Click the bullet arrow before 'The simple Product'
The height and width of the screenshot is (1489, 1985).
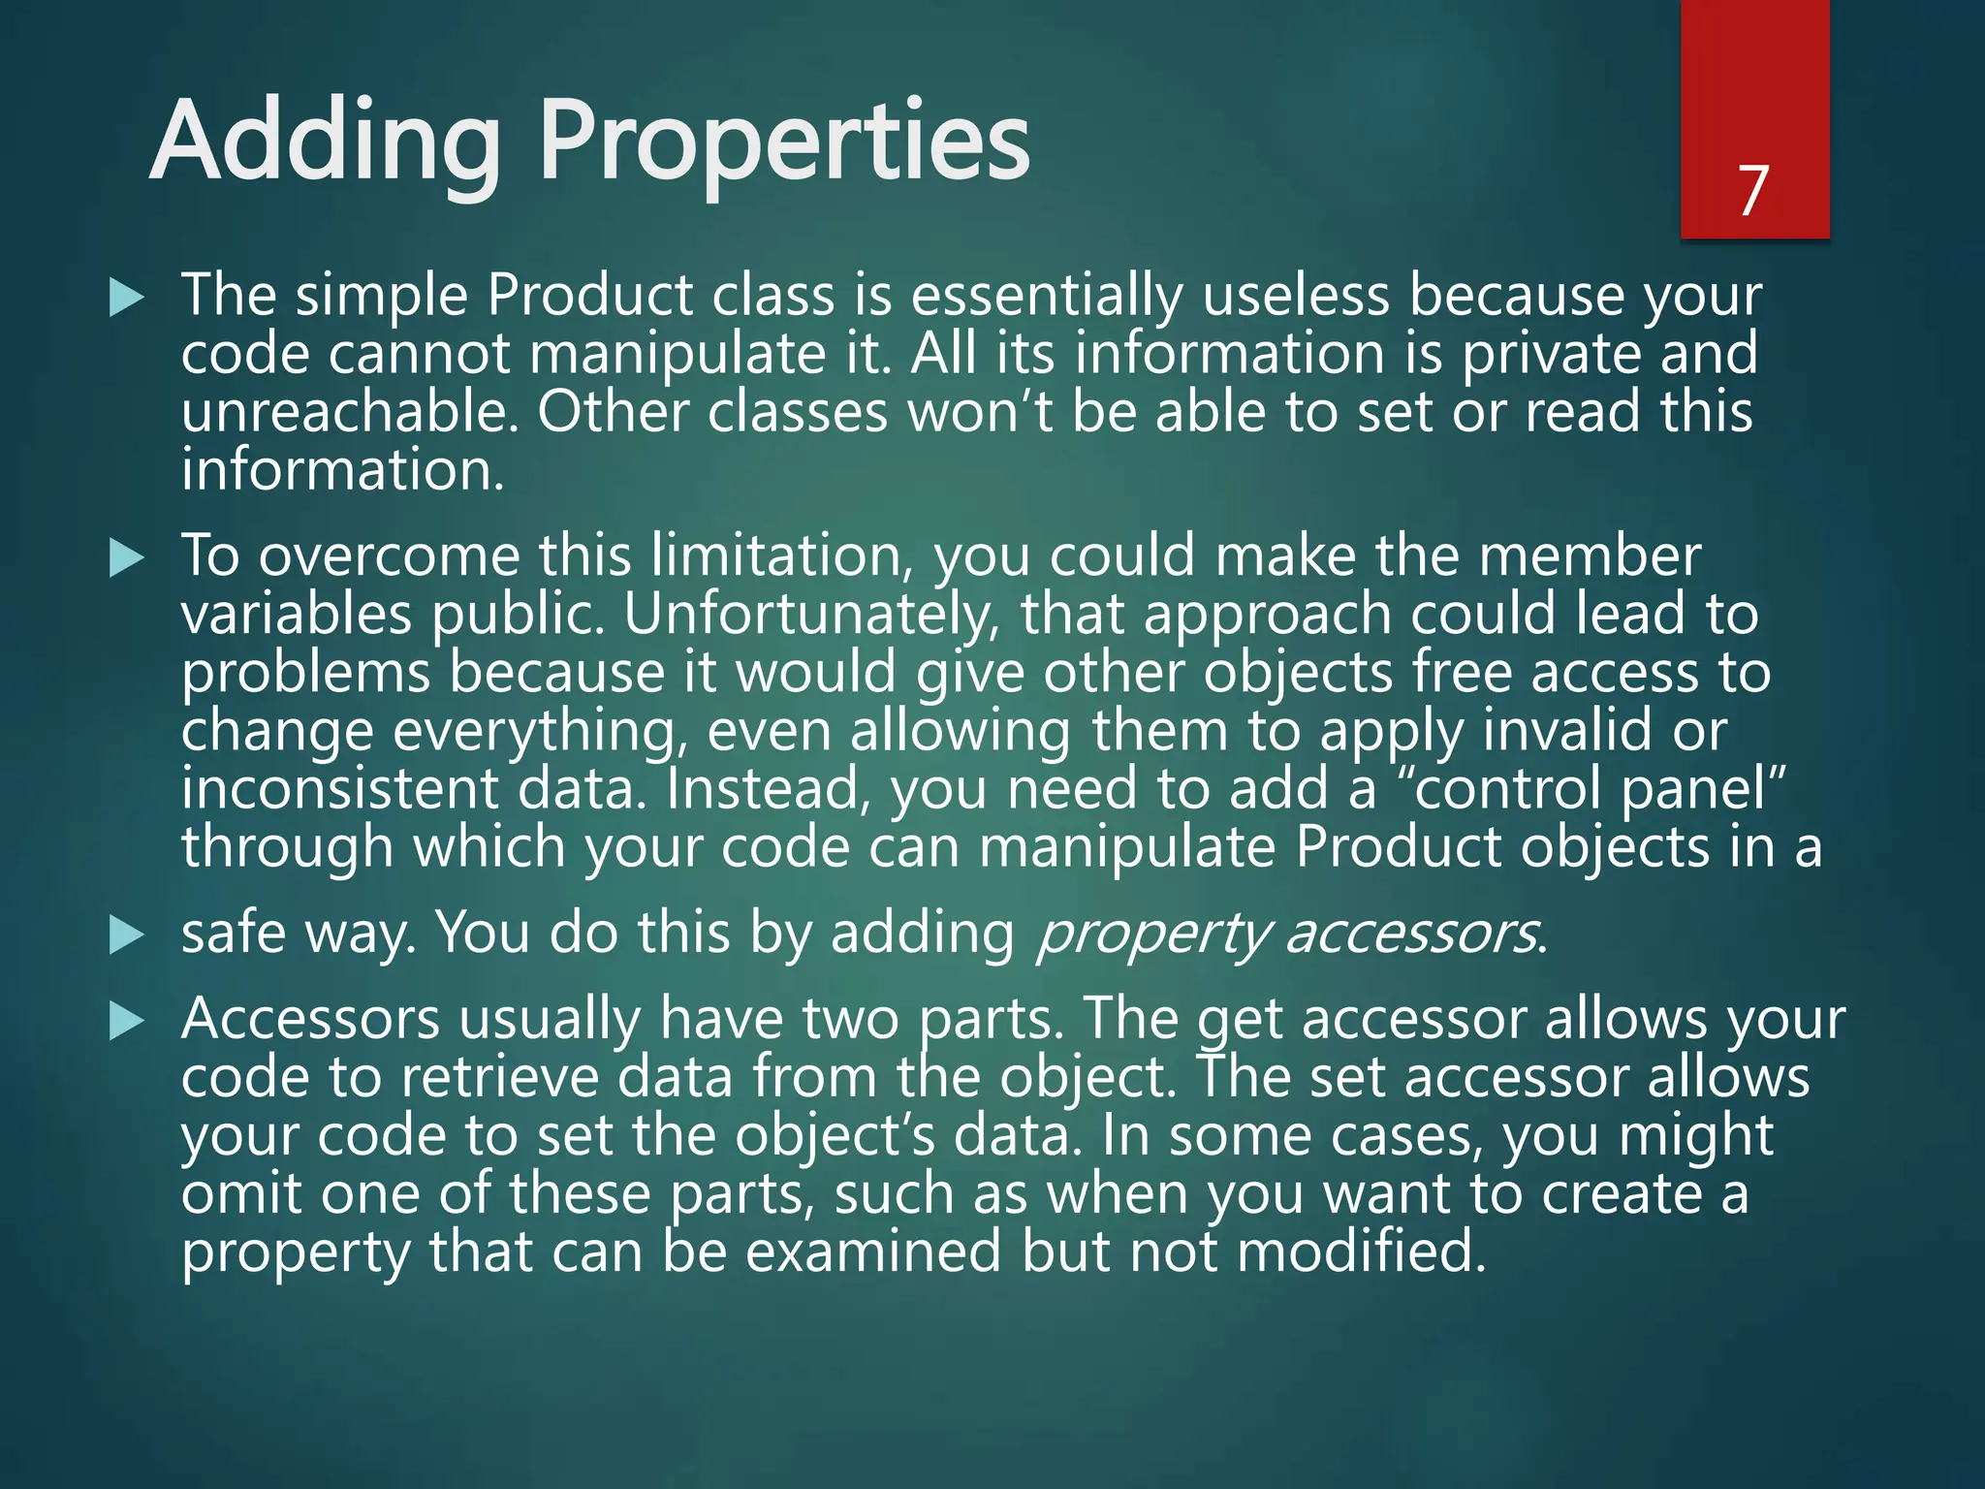[127, 297]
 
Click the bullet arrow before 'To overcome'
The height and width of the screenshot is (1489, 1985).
[127, 558]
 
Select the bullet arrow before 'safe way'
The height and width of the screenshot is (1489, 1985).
[127, 935]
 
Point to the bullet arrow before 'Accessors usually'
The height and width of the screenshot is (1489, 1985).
[127, 1022]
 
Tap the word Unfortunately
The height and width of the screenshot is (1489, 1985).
[810, 615]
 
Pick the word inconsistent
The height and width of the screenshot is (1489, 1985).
[339, 789]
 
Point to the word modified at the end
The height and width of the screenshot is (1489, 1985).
[1361, 1251]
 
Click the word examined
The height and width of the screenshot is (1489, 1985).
[872, 1251]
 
